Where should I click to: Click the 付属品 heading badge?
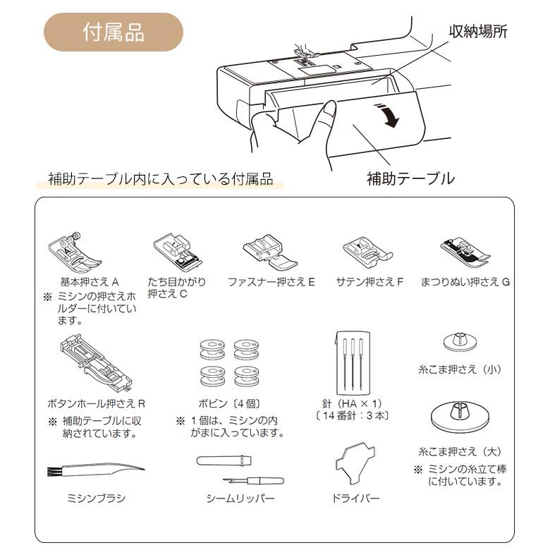pyautogui.click(x=114, y=32)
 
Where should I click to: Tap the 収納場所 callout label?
pyautogui.click(x=478, y=32)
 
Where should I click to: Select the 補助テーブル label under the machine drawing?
pyautogui.click(x=410, y=178)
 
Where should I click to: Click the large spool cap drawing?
pyautogui.click(x=459, y=417)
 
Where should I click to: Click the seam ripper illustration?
pyautogui.click(x=240, y=470)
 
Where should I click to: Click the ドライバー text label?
pyautogui.click(x=355, y=499)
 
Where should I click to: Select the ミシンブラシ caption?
pyautogui.click(x=96, y=499)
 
